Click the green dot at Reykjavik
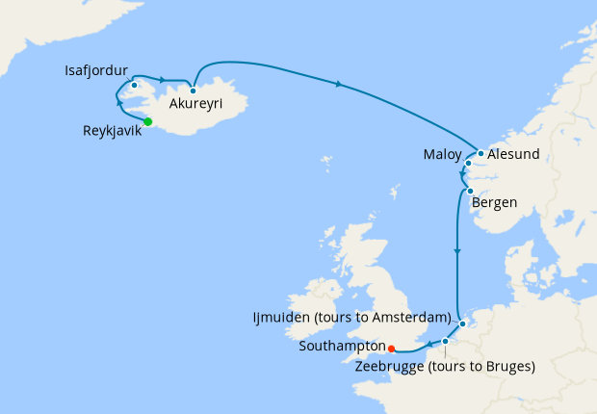(x=148, y=121)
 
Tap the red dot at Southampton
(x=391, y=349)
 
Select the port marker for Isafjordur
(x=135, y=86)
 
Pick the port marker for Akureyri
(x=194, y=91)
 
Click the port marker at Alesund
(x=480, y=153)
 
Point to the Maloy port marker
(x=468, y=164)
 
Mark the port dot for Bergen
(x=469, y=192)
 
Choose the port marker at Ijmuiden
(x=462, y=323)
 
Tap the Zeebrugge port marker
(x=446, y=341)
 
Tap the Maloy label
(x=442, y=154)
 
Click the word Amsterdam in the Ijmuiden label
(x=409, y=317)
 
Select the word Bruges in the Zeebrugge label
(x=507, y=367)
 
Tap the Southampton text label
(x=342, y=345)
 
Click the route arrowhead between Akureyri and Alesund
(x=339, y=86)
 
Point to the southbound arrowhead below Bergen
(x=457, y=252)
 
